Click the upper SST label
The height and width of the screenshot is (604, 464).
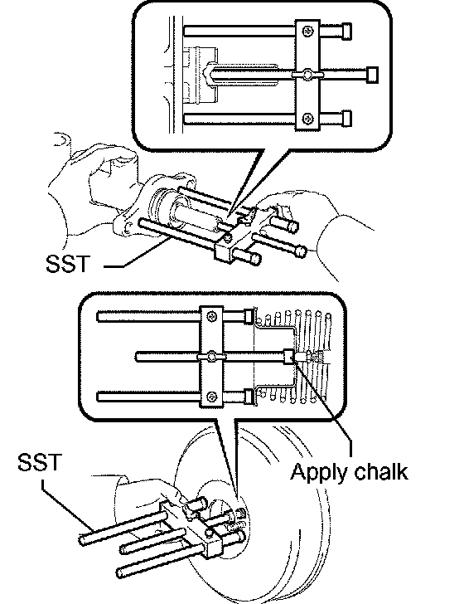68,264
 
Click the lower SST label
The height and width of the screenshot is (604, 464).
40,462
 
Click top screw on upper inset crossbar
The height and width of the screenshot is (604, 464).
307,32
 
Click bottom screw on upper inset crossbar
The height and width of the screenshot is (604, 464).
307,119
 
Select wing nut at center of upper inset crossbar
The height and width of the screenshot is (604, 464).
307,75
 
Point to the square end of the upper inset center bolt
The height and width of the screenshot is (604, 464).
372,75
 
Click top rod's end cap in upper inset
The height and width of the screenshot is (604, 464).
346,32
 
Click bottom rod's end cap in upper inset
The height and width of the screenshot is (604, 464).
346,119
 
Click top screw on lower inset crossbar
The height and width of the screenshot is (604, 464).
212,317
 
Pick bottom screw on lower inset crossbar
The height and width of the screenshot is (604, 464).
212,397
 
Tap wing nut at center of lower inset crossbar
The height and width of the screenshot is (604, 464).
211,357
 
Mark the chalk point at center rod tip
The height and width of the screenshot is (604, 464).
295,357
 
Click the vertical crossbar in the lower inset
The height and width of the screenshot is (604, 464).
211,357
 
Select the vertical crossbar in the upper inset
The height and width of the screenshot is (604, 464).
307,75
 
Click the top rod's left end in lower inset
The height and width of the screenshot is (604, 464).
98,317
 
